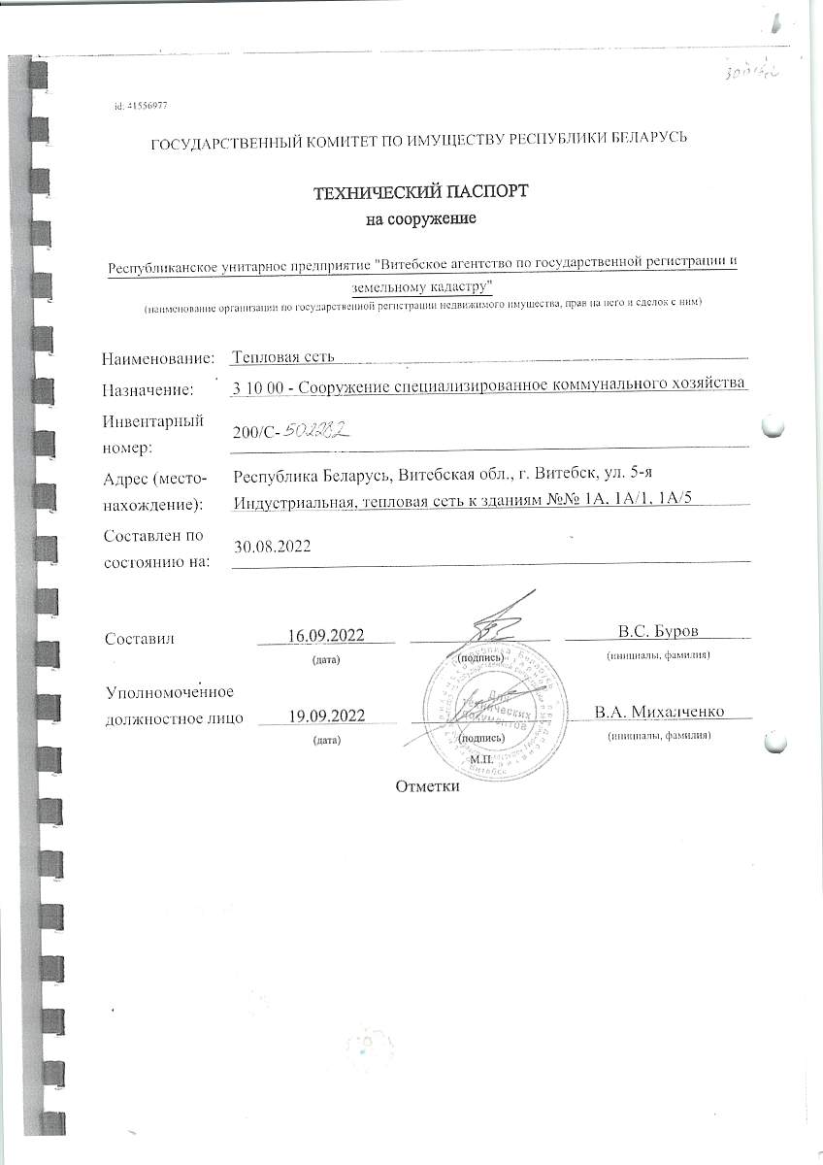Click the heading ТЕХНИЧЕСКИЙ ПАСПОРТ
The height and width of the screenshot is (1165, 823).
point(418,191)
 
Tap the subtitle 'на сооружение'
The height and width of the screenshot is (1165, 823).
point(419,219)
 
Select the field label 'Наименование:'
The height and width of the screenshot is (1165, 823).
point(157,358)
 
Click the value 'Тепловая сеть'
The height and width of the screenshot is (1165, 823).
point(284,357)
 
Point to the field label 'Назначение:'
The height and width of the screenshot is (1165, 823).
point(148,390)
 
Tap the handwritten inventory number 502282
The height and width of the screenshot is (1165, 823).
point(315,430)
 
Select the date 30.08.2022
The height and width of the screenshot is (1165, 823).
point(273,547)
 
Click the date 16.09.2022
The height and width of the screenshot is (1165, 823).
point(326,635)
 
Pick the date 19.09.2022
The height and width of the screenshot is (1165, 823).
point(326,716)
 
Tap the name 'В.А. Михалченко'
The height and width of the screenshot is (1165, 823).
point(661,713)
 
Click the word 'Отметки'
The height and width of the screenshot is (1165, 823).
point(426,785)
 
